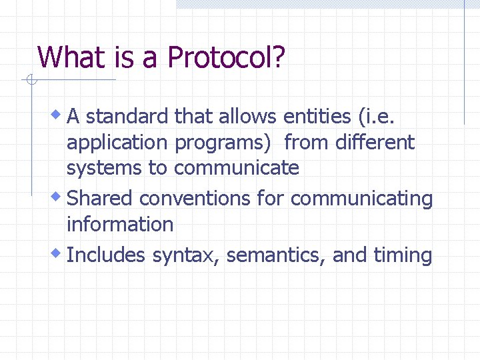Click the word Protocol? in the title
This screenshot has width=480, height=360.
pos(226,57)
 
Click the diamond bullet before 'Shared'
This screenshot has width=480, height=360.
pos(59,197)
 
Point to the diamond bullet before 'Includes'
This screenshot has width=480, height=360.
pos(59,253)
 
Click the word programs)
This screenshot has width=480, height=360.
pos(223,143)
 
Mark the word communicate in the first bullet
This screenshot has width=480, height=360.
pos(236,168)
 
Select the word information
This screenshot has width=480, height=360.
pos(120,224)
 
